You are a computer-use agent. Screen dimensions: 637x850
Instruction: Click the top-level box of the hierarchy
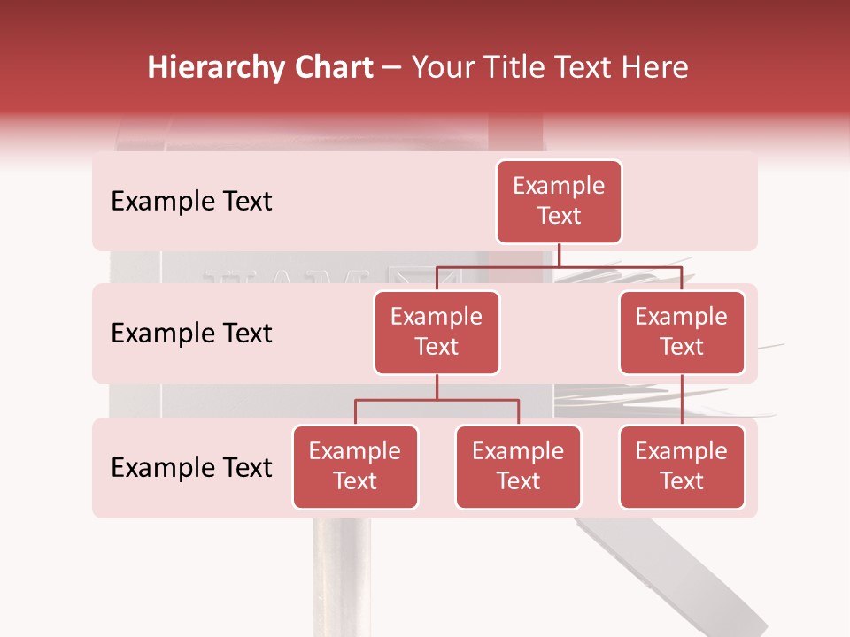pos(559,201)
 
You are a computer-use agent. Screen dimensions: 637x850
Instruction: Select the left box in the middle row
pos(437,332)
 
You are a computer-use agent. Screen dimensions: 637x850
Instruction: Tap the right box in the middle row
pos(682,332)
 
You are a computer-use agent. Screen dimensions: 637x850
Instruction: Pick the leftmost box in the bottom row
pos(355,466)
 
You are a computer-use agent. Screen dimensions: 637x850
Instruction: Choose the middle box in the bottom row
pos(518,466)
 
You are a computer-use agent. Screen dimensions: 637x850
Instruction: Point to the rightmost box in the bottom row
pos(682,466)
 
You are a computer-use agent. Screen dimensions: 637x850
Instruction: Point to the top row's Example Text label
pos(191,202)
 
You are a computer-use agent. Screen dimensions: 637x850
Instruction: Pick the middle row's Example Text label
pos(191,334)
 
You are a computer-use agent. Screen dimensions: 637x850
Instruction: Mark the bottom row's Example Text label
pos(191,467)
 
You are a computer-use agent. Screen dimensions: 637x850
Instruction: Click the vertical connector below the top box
pos(560,255)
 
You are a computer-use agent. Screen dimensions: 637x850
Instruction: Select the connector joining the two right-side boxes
pos(682,400)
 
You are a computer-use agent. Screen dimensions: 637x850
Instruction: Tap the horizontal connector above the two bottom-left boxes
pos(437,400)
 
